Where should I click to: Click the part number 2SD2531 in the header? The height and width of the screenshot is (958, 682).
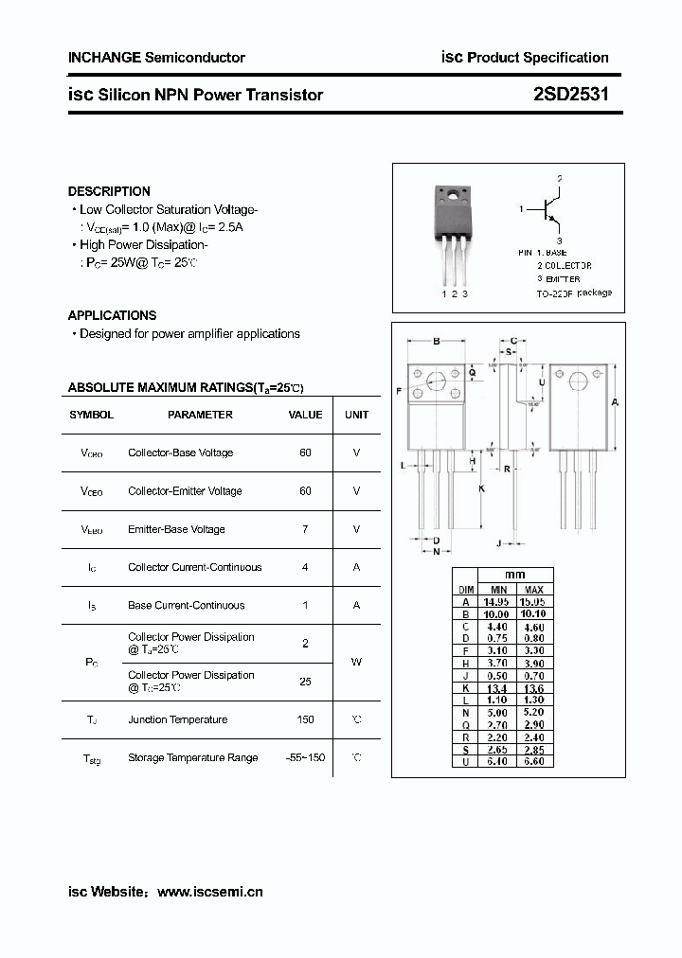coord(570,94)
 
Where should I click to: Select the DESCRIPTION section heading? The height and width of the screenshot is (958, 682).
coord(109,191)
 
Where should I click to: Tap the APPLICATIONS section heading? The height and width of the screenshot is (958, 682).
coord(112,315)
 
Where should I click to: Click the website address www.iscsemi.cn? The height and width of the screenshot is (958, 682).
coord(209,892)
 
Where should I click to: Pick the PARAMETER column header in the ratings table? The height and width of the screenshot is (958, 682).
coord(200,415)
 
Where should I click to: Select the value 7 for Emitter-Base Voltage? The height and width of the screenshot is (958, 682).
coord(305,529)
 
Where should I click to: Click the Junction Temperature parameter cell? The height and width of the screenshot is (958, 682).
coord(177,719)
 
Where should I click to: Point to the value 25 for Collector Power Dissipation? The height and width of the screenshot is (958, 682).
coord(305,681)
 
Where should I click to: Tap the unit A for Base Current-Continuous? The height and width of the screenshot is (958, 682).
coord(356,605)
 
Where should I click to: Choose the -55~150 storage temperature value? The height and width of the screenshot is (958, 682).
coord(305,757)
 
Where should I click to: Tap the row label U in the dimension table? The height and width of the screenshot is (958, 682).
coord(465,761)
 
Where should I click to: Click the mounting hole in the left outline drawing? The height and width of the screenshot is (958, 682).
coord(437,381)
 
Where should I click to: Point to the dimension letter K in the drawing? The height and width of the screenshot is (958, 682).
coord(481,488)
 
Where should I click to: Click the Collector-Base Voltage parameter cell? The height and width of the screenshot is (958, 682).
coord(180,452)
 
